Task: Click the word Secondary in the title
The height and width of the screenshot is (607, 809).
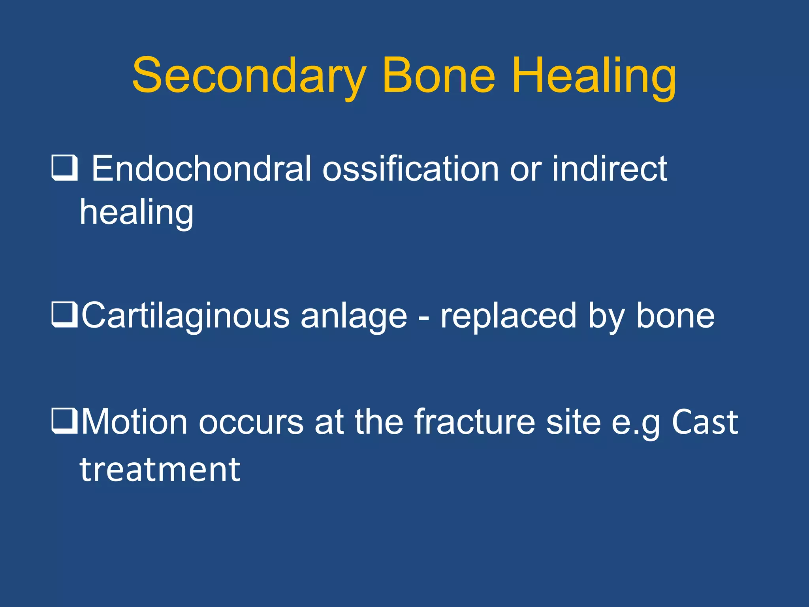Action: pos(248,76)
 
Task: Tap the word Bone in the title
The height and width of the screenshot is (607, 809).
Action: pos(438,76)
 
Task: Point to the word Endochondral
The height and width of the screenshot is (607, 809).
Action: pos(201,169)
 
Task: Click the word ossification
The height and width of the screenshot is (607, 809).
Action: pos(411,169)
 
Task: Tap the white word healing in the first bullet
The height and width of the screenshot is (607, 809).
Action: pos(137,213)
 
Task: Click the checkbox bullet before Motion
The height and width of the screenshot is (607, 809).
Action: pos(64,422)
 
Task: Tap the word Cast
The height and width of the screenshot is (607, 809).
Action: pos(705,422)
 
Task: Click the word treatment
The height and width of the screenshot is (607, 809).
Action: pos(160,470)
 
